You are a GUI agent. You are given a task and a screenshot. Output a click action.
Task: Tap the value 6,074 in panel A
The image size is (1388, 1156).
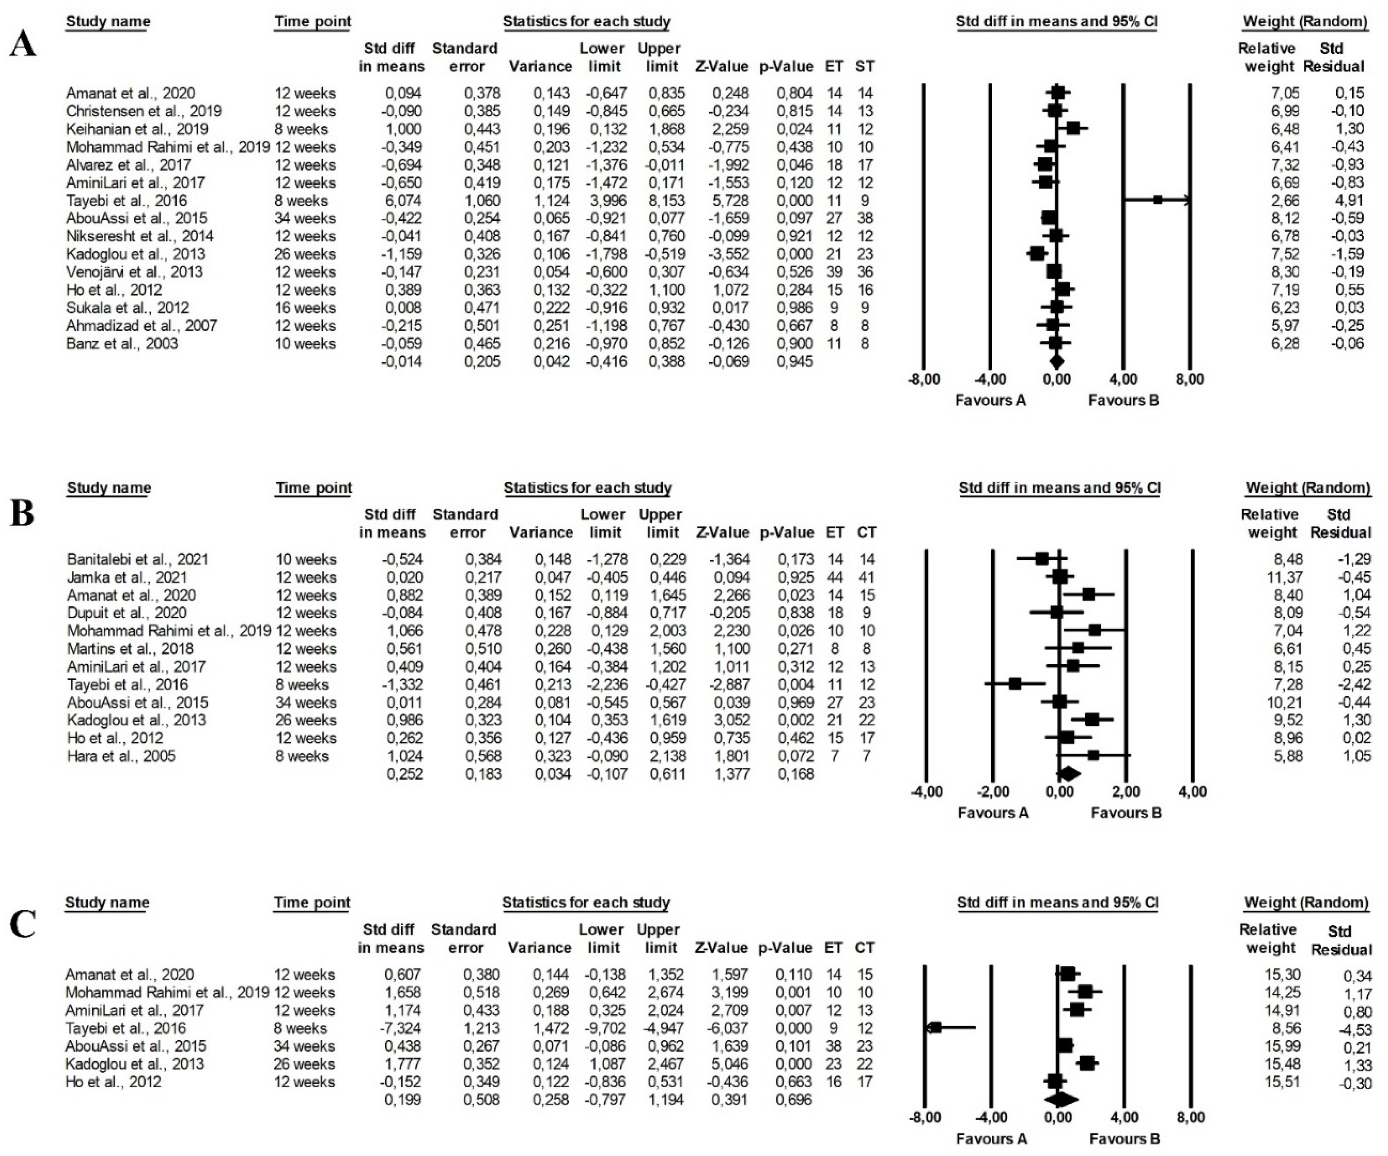pos(403,200)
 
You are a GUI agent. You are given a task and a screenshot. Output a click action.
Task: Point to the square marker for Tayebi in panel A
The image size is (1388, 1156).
pos(1158,200)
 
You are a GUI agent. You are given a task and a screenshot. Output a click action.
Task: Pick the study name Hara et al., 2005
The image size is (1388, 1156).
pos(121,756)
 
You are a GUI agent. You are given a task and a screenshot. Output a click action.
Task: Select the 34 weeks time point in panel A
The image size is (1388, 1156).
pos(305,218)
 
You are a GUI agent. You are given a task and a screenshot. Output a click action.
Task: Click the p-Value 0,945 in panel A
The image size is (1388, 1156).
pos(794,362)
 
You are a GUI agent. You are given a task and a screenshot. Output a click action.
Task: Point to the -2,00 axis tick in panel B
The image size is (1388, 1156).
pos(993,792)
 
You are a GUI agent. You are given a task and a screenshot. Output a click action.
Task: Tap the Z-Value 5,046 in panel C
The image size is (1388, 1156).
pos(730,1064)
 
